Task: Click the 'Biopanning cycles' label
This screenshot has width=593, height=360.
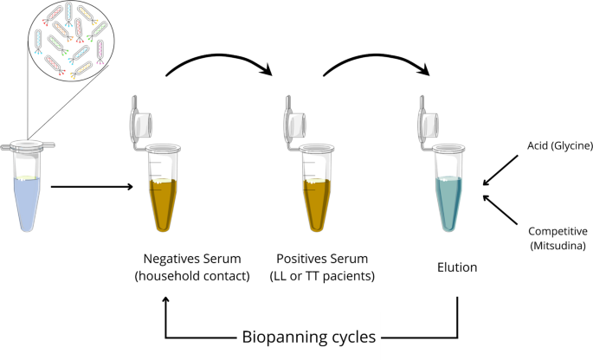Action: pyautogui.click(x=308, y=337)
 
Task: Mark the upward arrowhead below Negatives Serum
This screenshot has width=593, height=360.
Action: pyautogui.click(x=166, y=299)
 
